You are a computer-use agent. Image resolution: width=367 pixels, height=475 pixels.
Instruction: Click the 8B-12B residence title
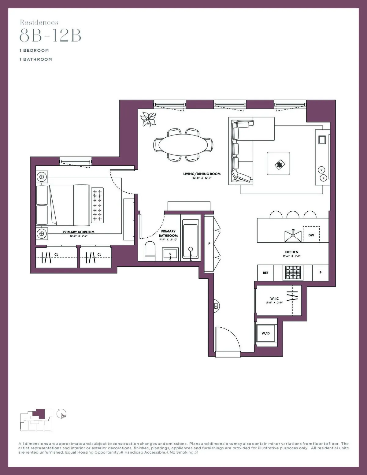click(50, 35)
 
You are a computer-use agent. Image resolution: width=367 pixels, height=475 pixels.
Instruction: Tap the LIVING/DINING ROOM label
click(202, 174)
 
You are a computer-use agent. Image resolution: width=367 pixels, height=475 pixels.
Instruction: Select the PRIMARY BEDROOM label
click(79, 232)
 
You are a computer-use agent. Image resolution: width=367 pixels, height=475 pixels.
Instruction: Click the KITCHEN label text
click(291, 252)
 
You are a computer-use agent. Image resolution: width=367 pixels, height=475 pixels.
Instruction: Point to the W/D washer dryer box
click(266, 333)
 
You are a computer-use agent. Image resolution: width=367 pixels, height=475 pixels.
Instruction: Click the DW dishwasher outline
click(311, 235)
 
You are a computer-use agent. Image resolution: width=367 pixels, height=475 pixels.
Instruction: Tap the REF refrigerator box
click(265, 273)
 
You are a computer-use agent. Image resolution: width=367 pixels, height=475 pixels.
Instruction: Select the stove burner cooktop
click(293, 273)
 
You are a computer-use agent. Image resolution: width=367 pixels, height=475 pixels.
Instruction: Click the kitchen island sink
click(293, 236)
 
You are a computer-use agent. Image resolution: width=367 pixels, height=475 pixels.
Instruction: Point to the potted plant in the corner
click(149, 119)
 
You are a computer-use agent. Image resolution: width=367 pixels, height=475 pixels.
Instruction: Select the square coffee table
click(278, 164)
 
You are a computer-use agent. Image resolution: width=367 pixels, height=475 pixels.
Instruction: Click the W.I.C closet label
click(274, 299)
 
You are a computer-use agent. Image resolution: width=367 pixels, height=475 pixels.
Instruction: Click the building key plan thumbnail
click(36, 420)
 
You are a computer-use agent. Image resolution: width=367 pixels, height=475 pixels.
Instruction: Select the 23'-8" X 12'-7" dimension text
click(202, 178)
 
